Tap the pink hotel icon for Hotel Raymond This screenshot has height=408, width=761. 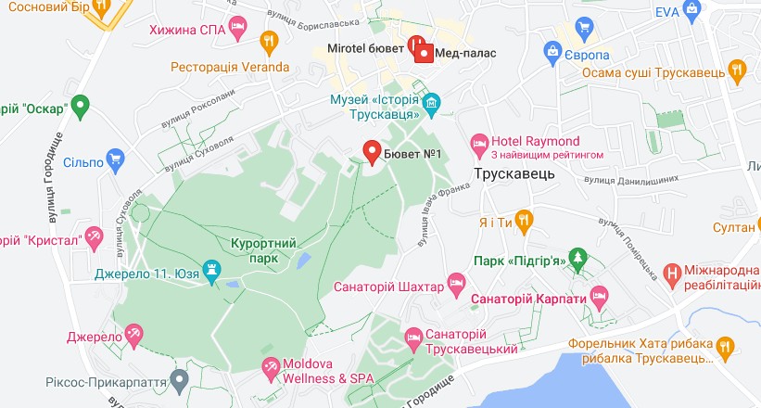click(x=478, y=142)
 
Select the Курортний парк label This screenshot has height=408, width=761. click(x=263, y=250)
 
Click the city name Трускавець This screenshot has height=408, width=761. click(x=514, y=174)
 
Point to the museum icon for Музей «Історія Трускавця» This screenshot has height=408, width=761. click(x=432, y=101)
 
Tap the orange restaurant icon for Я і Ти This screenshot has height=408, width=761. click(x=524, y=221)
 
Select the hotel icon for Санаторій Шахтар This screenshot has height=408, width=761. click(x=455, y=281)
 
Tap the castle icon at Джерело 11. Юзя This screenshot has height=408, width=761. click(x=213, y=273)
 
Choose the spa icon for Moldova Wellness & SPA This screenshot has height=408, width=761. click(x=270, y=368)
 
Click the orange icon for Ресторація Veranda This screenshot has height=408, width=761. click(x=270, y=40)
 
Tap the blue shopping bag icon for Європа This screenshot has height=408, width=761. click(x=552, y=50)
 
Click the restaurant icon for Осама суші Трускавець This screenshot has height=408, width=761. click(x=737, y=70)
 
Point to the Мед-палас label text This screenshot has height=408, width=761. click(x=466, y=53)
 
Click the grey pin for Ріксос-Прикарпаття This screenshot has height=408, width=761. click(x=180, y=378)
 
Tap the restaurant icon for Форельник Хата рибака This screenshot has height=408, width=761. click(x=725, y=346)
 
